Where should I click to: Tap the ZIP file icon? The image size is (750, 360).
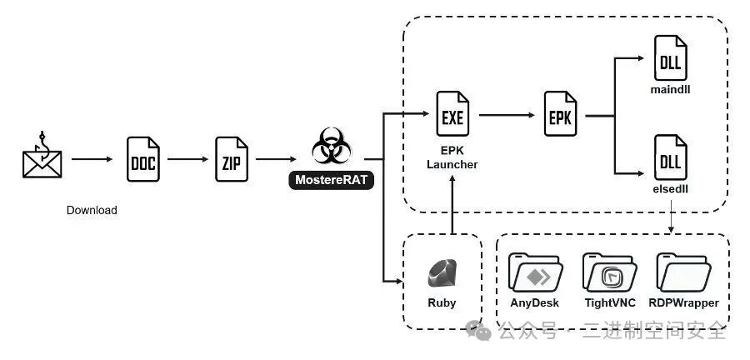pos(232,158)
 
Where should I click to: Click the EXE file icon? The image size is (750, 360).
pos(452,117)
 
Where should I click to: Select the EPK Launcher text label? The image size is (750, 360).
pos(452,158)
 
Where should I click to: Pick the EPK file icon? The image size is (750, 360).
pos(561,117)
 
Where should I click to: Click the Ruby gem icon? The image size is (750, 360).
pos(442,272)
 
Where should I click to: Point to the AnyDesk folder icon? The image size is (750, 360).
pos(533,272)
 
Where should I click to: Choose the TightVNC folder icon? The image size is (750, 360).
pos(609,272)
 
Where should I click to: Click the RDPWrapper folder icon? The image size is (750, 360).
pos(684,272)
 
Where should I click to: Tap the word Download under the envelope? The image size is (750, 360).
pos(92,210)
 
